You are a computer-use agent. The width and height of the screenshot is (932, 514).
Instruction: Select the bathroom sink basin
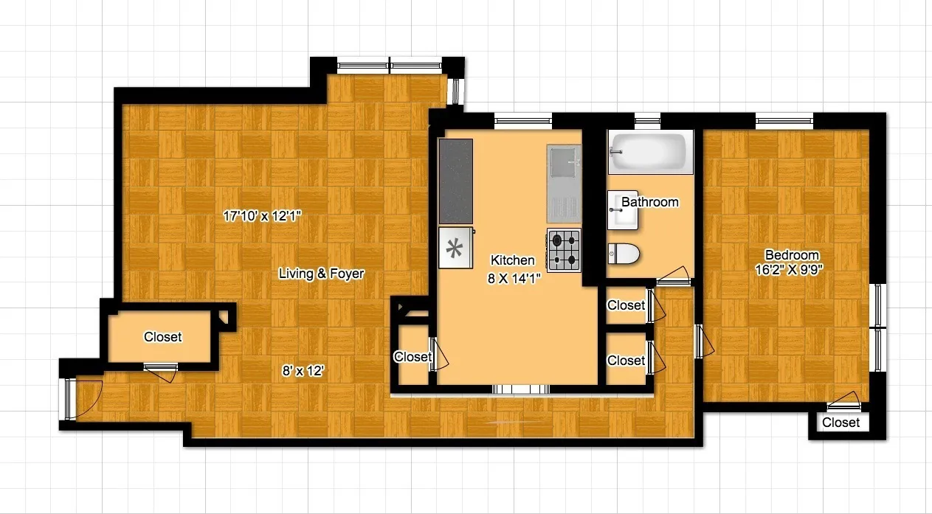coord(618,212)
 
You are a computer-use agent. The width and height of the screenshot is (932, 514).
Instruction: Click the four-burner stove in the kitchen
coord(564,249)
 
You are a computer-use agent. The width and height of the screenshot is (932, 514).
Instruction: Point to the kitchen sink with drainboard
coord(564,184)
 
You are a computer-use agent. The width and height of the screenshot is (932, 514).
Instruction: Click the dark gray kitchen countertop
coord(455,181)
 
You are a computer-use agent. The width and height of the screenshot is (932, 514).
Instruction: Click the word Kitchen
coord(512,260)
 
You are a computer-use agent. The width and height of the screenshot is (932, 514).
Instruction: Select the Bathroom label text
coord(649,201)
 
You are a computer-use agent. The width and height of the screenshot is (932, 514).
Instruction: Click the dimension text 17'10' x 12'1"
coord(263,216)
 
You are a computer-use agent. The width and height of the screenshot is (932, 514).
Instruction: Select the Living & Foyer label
coord(321,274)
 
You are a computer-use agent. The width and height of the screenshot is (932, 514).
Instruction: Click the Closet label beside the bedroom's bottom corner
coord(840,423)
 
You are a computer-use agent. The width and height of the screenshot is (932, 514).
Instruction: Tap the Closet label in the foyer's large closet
coord(162,337)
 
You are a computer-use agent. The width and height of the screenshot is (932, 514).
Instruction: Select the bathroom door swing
coord(673,279)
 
